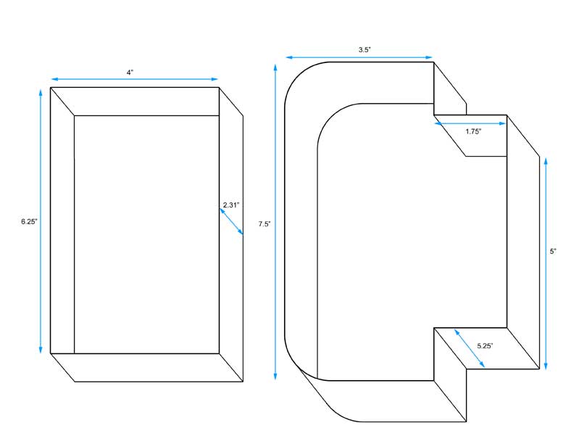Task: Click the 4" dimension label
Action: pos(130,73)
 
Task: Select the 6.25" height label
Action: pos(29,221)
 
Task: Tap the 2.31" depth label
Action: pos(231,205)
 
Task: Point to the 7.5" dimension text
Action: pos(265,224)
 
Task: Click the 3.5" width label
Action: pos(365,50)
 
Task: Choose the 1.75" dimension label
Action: pos(473,132)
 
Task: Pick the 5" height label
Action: pos(552,251)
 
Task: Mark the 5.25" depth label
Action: pos(486,346)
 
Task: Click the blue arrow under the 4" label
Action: pos(134,79)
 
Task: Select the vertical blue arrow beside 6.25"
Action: pos(41,221)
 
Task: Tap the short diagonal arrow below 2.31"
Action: pos(232,222)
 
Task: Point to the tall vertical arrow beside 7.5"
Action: pos(275,221)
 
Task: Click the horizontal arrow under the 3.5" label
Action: pos(359,57)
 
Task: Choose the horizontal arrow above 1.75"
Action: pos(470,124)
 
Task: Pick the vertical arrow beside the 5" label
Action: pos(544,261)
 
